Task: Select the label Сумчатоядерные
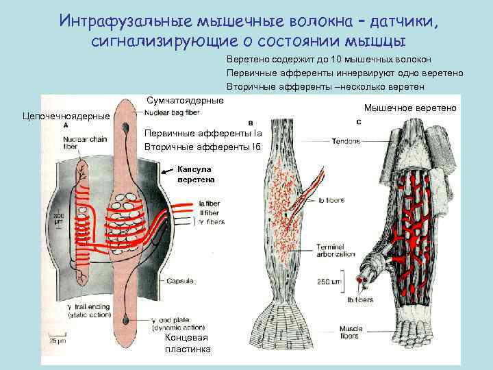185,101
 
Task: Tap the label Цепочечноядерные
66,116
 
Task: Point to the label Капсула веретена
196,174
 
